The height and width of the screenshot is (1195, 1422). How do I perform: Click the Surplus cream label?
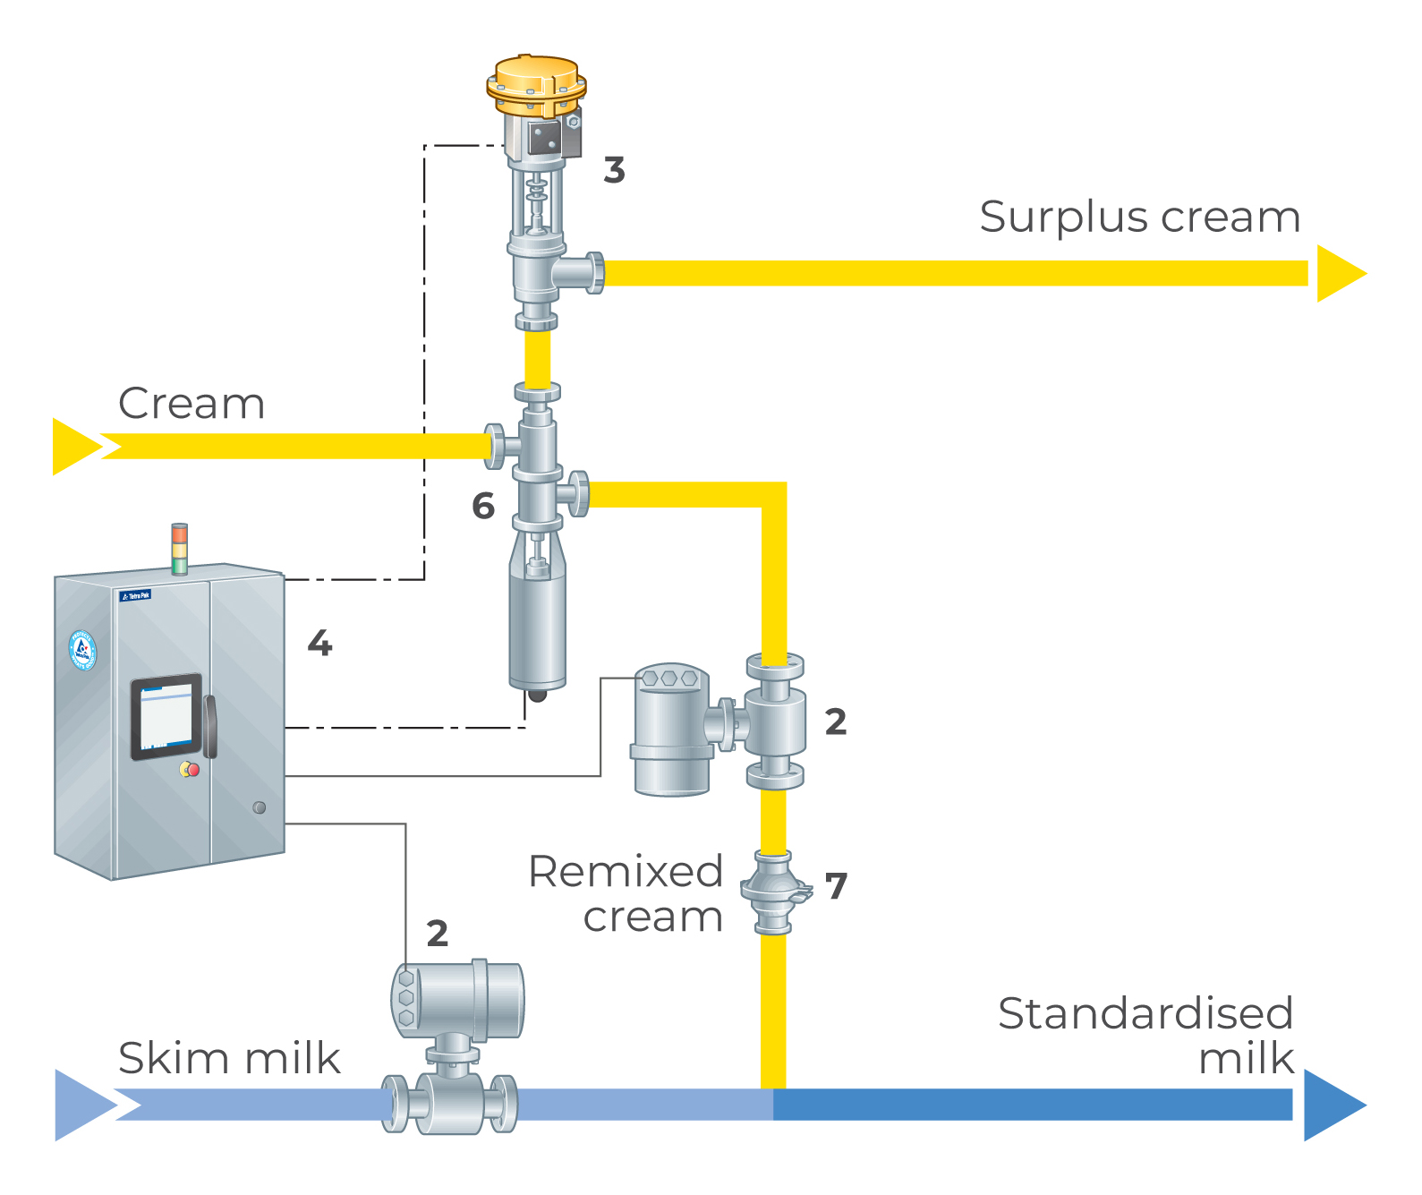tap(1139, 218)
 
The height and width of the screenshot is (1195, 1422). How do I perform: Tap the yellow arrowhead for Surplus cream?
tap(1340, 273)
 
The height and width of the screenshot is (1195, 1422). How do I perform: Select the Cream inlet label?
tap(192, 404)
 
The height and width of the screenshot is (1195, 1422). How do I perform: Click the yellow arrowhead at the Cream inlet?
tap(75, 446)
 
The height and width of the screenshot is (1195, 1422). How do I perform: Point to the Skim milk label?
tap(229, 1058)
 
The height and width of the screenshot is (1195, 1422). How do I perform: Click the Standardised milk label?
tap(1146, 1036)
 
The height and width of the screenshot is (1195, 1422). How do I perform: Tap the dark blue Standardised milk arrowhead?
tap(1333, 1105)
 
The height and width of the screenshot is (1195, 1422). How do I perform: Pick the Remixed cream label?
tap(626, 894)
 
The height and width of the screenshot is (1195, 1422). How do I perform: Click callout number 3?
tap(614, 170)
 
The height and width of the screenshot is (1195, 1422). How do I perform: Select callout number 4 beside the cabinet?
tap(319, 643)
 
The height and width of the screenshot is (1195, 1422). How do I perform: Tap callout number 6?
tap(483, 507)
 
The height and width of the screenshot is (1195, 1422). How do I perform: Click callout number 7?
tap(836, 886)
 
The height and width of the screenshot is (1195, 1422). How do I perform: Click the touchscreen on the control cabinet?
tap(166, 717)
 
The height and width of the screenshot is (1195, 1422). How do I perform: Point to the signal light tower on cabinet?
tap(180, 548)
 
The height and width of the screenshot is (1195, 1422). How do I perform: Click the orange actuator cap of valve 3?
tap(537, 81)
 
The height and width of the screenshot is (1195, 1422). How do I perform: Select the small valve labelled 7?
tap(774, 892)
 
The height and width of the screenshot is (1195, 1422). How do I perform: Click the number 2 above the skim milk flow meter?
tap(437, 934)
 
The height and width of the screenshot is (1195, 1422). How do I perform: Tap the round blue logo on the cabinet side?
tap(83, 650)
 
